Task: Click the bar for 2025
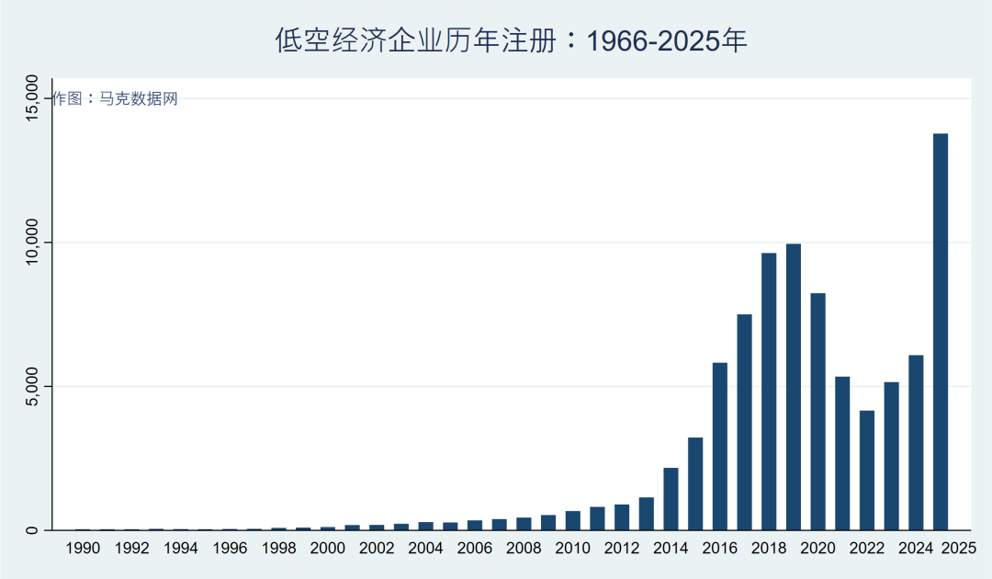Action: [941, 332]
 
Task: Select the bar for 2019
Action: [794, 387]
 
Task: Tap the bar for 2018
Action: [769, 392]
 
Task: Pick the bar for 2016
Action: [720, 447]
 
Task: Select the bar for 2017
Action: [744, 423]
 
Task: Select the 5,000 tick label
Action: [32, 387]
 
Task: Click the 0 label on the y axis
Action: [32, 530]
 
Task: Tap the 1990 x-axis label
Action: [83, 549]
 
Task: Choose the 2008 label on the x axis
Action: [524, 549]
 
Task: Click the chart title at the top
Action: [512, 40]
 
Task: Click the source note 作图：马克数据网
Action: [115, 99]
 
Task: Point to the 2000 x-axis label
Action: [328, 549]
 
